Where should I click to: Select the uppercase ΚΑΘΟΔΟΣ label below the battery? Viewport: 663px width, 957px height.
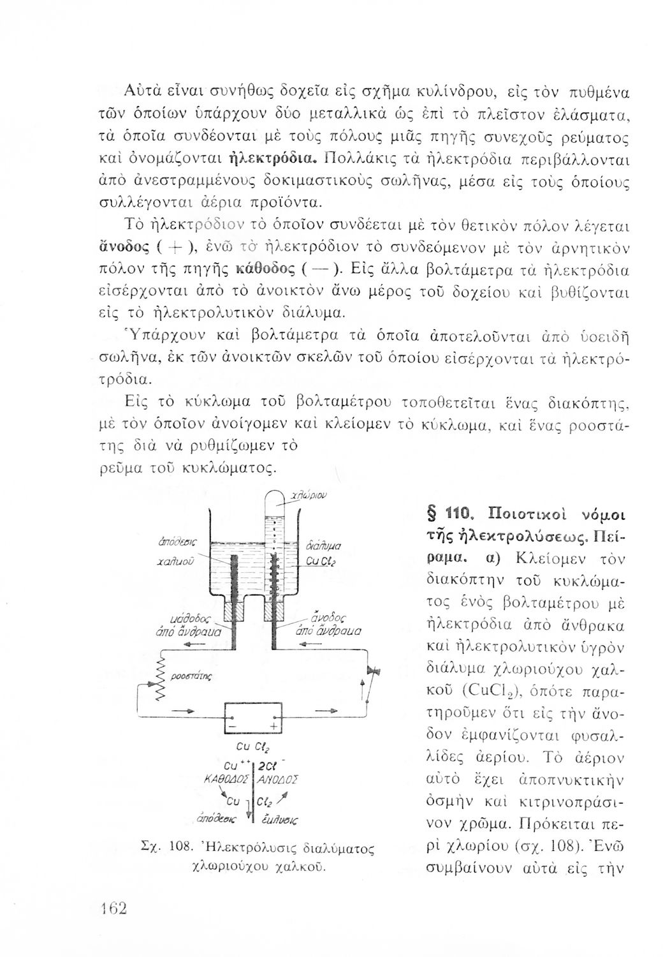226,779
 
